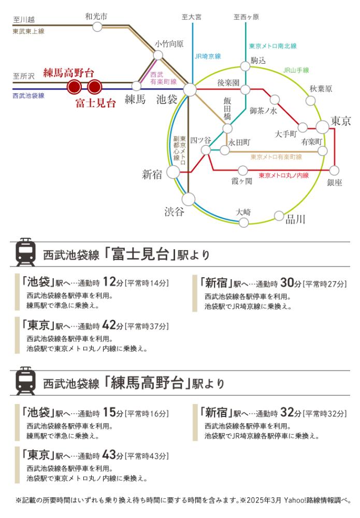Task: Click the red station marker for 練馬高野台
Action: click(x=74, y=87)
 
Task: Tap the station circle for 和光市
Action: click(x=97, y=27)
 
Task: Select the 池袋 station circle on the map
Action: click(x=190, y=90)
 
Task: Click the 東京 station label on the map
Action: click(x=341, y=121)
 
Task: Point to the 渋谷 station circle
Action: click(x=188, y=199)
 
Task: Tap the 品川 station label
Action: click(x=295, y=219)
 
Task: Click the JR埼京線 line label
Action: click(x=208, y=56)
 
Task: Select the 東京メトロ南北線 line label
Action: click(x=273, y=46)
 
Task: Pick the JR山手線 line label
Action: click(x=296, y=70)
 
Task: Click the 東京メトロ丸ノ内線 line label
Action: click(x=284, y=176)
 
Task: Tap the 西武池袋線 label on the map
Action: click(x=28, y=95)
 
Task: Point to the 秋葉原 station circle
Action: click(x=310, y=100)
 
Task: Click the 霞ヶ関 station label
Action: click(x=242, y=181)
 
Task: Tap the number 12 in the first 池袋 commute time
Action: click(x=109, y=282)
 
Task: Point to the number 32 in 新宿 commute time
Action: click(x=287, y=412)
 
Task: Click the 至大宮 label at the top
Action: click(x=192, y=17)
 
